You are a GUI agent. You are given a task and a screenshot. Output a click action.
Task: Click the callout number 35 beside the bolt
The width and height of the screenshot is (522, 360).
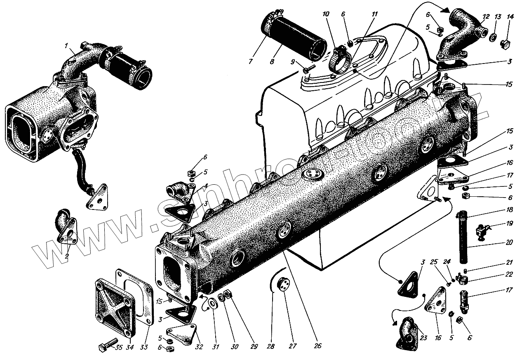click(119, 347)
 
